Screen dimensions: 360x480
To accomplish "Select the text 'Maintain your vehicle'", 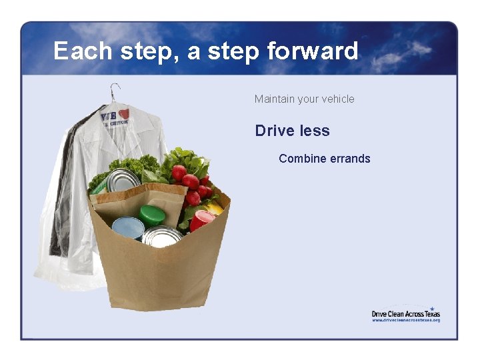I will pos(304,99).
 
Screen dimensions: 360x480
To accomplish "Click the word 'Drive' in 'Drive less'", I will pos(273,131).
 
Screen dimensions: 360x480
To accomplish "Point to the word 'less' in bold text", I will pos(315,131).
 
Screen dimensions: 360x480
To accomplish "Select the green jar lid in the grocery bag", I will pos(151,215).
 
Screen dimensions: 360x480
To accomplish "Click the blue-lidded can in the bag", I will pos(128,227).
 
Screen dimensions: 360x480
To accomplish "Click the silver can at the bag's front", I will pos(162,236).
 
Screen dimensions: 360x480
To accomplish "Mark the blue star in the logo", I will pos(431,309).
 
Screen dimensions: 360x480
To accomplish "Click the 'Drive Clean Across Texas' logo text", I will pos(405,314).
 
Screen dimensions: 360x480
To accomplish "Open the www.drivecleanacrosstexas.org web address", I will pos(405,320).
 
